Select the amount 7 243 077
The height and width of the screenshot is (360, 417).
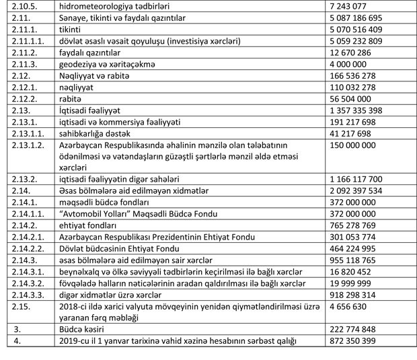(x=352, y=5)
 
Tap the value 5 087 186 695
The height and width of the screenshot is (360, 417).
(x=356, y=17)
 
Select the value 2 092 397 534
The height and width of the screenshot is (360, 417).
(x=356, y=191)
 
